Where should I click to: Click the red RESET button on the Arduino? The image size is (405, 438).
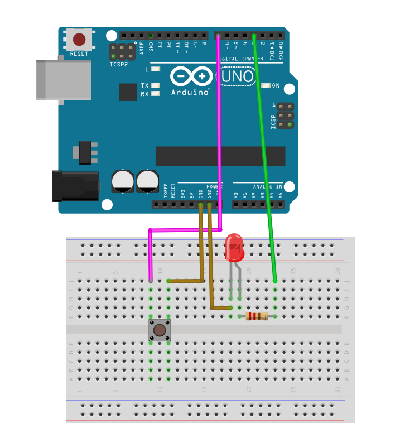pyautogui.click(x=80, y=40)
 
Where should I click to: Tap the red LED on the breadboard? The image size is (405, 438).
pyautogui.click(x=234, y=249)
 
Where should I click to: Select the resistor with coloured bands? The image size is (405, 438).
pyautogui.click(x=257, y=317)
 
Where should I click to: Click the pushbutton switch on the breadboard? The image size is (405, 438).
pyautogui.click(x=160, y=330)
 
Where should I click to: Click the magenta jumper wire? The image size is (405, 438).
pyautogui.click(x=219, y=139)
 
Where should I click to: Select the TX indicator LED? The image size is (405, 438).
pyautogui.click(x=156, y=86)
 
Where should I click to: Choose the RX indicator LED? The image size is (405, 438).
pyautogui.click(x=156, y=94)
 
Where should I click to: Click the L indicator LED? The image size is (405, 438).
pyautogui.click(x=156, y=70)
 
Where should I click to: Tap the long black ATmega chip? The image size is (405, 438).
pyautogui.click(x=220, y=156)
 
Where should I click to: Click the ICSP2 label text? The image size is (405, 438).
pyautogui.click(x=119, y=64)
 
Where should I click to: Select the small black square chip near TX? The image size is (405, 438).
pyautogui.click(x=128, y=92)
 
